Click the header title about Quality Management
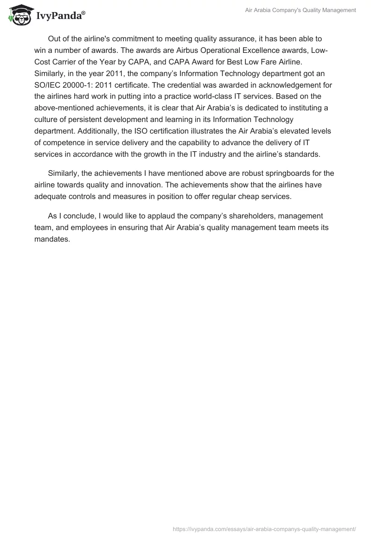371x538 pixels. (x=300, y=10)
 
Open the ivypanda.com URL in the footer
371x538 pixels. (x=264, y=528)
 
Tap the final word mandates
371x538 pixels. (x=52, y=239)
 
